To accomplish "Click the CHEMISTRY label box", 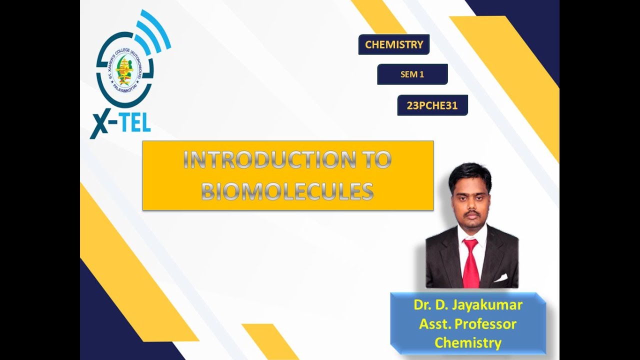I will (394, 44).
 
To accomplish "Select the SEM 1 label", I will (412, 74).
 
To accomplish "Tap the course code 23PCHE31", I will (432, 105).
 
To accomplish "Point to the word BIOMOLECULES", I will (287, 191).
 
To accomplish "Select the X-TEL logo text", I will (121, 123).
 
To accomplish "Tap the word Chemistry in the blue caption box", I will (468, 342).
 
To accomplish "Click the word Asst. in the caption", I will (433, 324).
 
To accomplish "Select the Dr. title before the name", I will (421, 305).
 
